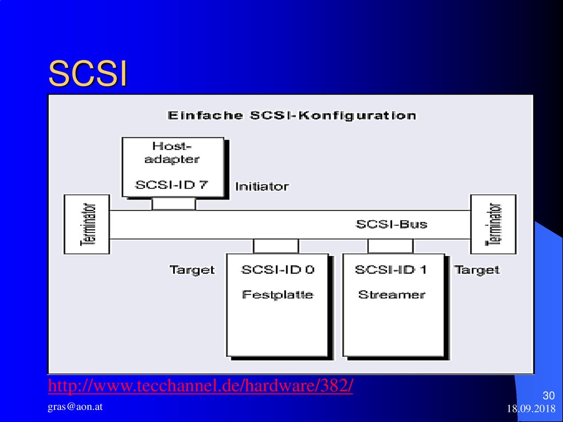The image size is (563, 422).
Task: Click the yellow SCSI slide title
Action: [x=88, y=74]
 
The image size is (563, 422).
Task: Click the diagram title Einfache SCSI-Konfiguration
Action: [x=292, y=115]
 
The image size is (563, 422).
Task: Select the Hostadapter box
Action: [x=173, y=167]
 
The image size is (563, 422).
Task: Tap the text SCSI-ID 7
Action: [x=172, y=185]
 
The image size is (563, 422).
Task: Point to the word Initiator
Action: [x=262, y=187]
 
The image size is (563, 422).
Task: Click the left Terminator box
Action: [x=87, y=224]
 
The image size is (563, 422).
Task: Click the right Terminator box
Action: [x=493, y=224]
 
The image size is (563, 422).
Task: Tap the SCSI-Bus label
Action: [x=391, y=224]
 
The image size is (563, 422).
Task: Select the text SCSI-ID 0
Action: [x=278, y=269]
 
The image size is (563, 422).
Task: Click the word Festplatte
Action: [x=278, y=295]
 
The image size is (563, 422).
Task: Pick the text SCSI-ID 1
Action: [x=391, y=269]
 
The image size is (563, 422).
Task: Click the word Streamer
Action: [x=391, y=295]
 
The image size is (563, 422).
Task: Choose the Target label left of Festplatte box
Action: [x=192, y=270]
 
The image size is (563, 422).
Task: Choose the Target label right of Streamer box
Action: [x=477, y=270]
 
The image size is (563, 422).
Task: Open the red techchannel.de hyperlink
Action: [x=200, y=386]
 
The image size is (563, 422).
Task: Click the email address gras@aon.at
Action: [x=75, y=407]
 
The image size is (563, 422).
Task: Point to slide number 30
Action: [x=549, y=396]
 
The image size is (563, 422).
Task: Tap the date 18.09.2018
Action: [x=531, y=409]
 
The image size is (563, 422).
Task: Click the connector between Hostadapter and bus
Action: [x=174, y=204]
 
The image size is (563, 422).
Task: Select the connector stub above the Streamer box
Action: [x=390, y=246]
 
